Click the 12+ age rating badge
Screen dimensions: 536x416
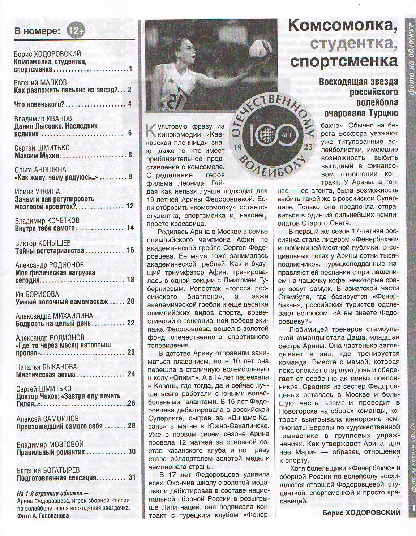[76, 31]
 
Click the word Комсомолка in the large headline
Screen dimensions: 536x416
[342, 26]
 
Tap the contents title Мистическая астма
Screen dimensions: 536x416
[46, 375]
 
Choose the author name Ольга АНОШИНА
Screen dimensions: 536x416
[40, 169]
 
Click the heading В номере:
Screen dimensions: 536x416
[37, 31]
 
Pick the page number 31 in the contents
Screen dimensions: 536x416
[132, 477]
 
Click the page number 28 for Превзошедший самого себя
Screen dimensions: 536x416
[131, 426]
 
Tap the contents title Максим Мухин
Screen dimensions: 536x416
[37, 156]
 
